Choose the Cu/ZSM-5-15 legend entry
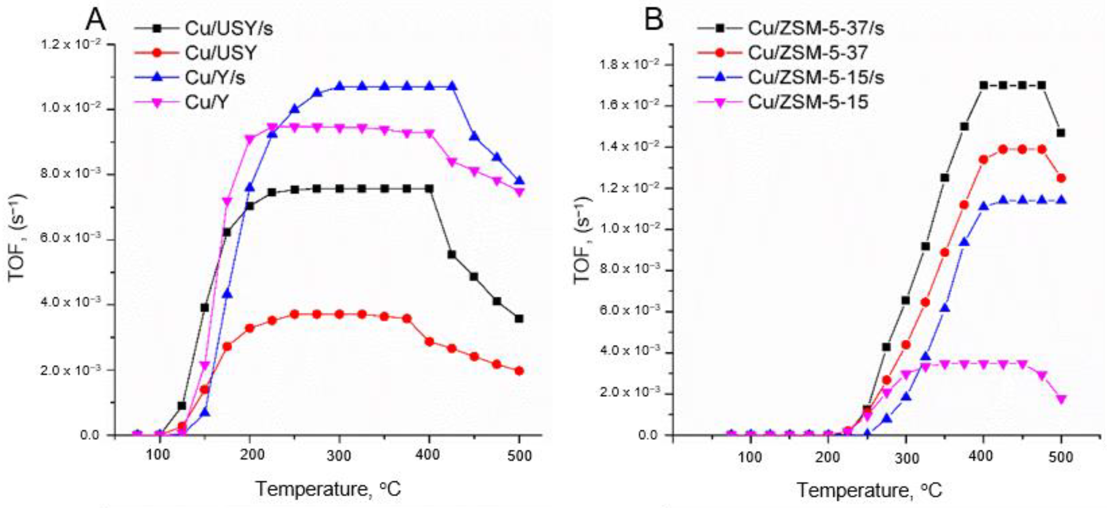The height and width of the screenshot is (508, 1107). tap(808, 102)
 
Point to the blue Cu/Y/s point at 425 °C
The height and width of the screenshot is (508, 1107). tap(452, 87)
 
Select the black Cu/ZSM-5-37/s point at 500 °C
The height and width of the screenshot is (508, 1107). tap(1061, 133)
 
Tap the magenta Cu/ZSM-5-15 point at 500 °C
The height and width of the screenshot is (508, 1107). tap(1061, 399)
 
